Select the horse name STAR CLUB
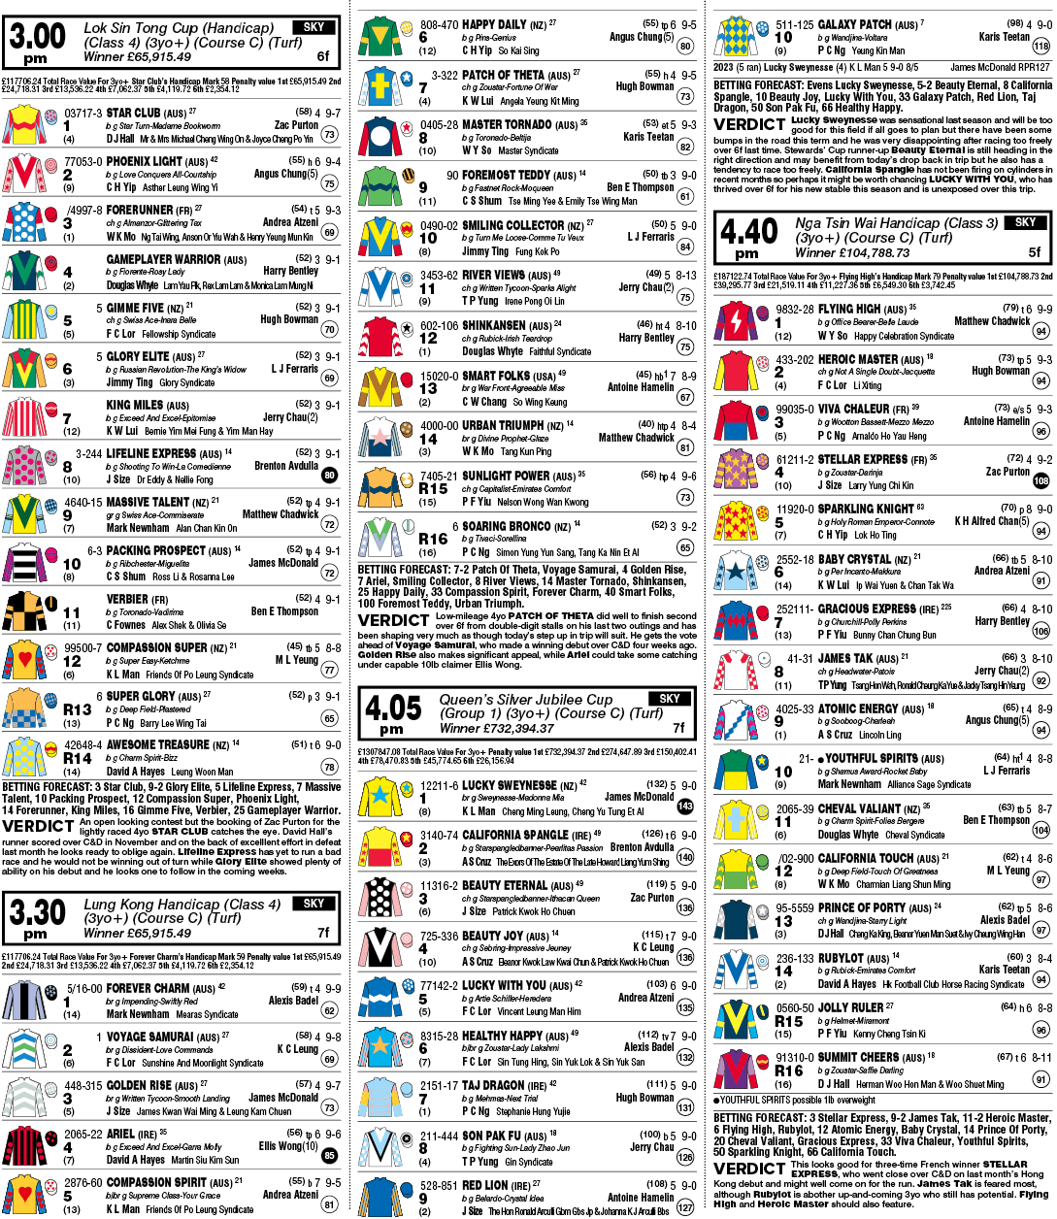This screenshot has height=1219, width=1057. point(133,113)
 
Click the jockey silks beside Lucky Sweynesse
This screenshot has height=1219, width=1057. point(380,797)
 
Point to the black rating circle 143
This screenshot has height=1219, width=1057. point(685,807)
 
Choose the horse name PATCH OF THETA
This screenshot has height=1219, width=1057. point(503,75)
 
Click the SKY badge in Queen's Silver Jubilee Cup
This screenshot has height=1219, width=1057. point(669,699)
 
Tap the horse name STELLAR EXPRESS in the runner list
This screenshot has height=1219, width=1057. point(863,459)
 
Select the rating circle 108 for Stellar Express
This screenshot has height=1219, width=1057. point(1041,480)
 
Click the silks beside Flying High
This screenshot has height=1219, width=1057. point(737,321)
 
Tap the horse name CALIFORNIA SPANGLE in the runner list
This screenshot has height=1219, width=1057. point(516,835)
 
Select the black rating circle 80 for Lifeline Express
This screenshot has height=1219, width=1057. point(330,475)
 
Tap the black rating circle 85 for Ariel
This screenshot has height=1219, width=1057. point(330,1155)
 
